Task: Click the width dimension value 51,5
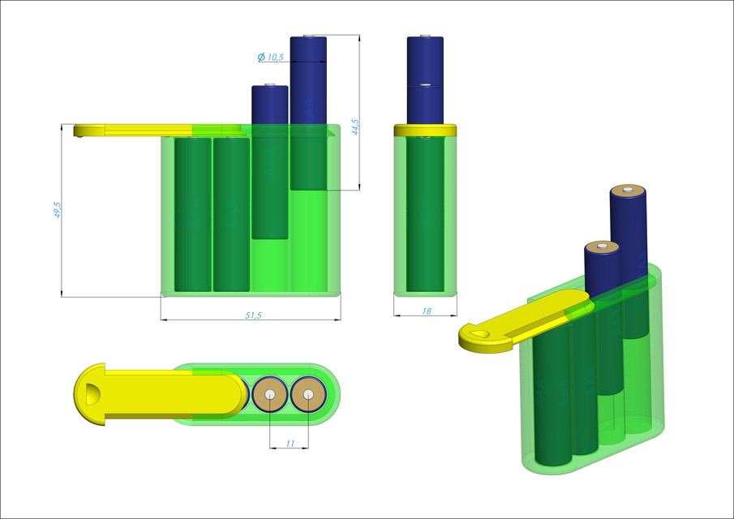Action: click(253, 315)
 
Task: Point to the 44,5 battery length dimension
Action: click(354, 127)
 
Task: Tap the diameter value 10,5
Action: click(275, 57)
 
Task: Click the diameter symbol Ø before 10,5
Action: click(261, 57)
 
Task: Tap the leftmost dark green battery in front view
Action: click(192, 215)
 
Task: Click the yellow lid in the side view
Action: click(425, 130)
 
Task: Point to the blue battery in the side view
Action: click(425, 81)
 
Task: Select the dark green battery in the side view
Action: click(425, 215)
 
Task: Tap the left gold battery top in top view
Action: click(269, 395)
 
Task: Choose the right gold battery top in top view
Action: click(308, 395)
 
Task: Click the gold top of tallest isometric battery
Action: click(628, 191)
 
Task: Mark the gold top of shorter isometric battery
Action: click(602, 247)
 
